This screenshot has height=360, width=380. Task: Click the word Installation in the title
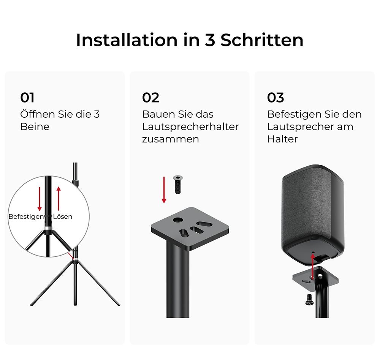click(x=127, y=40)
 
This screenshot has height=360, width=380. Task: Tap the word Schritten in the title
click(x=262, y=40)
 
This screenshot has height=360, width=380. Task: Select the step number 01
click(x=27, y=98)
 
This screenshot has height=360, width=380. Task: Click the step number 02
click(x=150, y=98)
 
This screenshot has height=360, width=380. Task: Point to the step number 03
click(x=275, y=98)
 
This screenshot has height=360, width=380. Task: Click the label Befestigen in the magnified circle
click(x=26, y=216)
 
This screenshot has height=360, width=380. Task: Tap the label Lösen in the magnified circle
click(x=63, y=216)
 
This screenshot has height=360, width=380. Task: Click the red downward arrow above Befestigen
click(x=40, y=199)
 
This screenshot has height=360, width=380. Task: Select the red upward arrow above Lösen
click(x=59, y=199)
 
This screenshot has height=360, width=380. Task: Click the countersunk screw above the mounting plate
click(x=178, y=184)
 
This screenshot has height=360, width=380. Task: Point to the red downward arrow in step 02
click(x=164, y=190)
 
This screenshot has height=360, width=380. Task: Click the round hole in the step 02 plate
click(x=178, y=220)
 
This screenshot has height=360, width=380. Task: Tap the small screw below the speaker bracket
click(x=309, y=300)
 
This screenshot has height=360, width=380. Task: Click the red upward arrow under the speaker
click(x=313, y=267)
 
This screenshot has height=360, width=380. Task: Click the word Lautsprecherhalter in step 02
click(x=190, y=127)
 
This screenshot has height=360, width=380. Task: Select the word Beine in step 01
click(x=35, y=127)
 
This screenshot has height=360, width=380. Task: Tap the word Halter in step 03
click(x=282, y=139)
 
